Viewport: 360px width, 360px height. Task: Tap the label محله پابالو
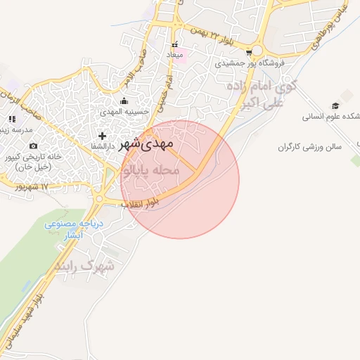click(151, 171)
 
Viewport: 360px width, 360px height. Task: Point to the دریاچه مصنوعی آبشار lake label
click(74, 229)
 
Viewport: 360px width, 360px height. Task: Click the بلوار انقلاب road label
click(141, 204)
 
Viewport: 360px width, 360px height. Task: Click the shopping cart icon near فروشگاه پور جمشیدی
click(249, 52)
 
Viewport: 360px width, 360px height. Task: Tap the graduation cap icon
click(335, 105)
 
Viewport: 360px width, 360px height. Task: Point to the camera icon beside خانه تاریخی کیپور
click(33, 146)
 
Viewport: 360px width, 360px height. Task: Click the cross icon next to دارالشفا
click(103, 135)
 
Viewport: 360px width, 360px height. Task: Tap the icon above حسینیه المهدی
click(124, 101)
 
